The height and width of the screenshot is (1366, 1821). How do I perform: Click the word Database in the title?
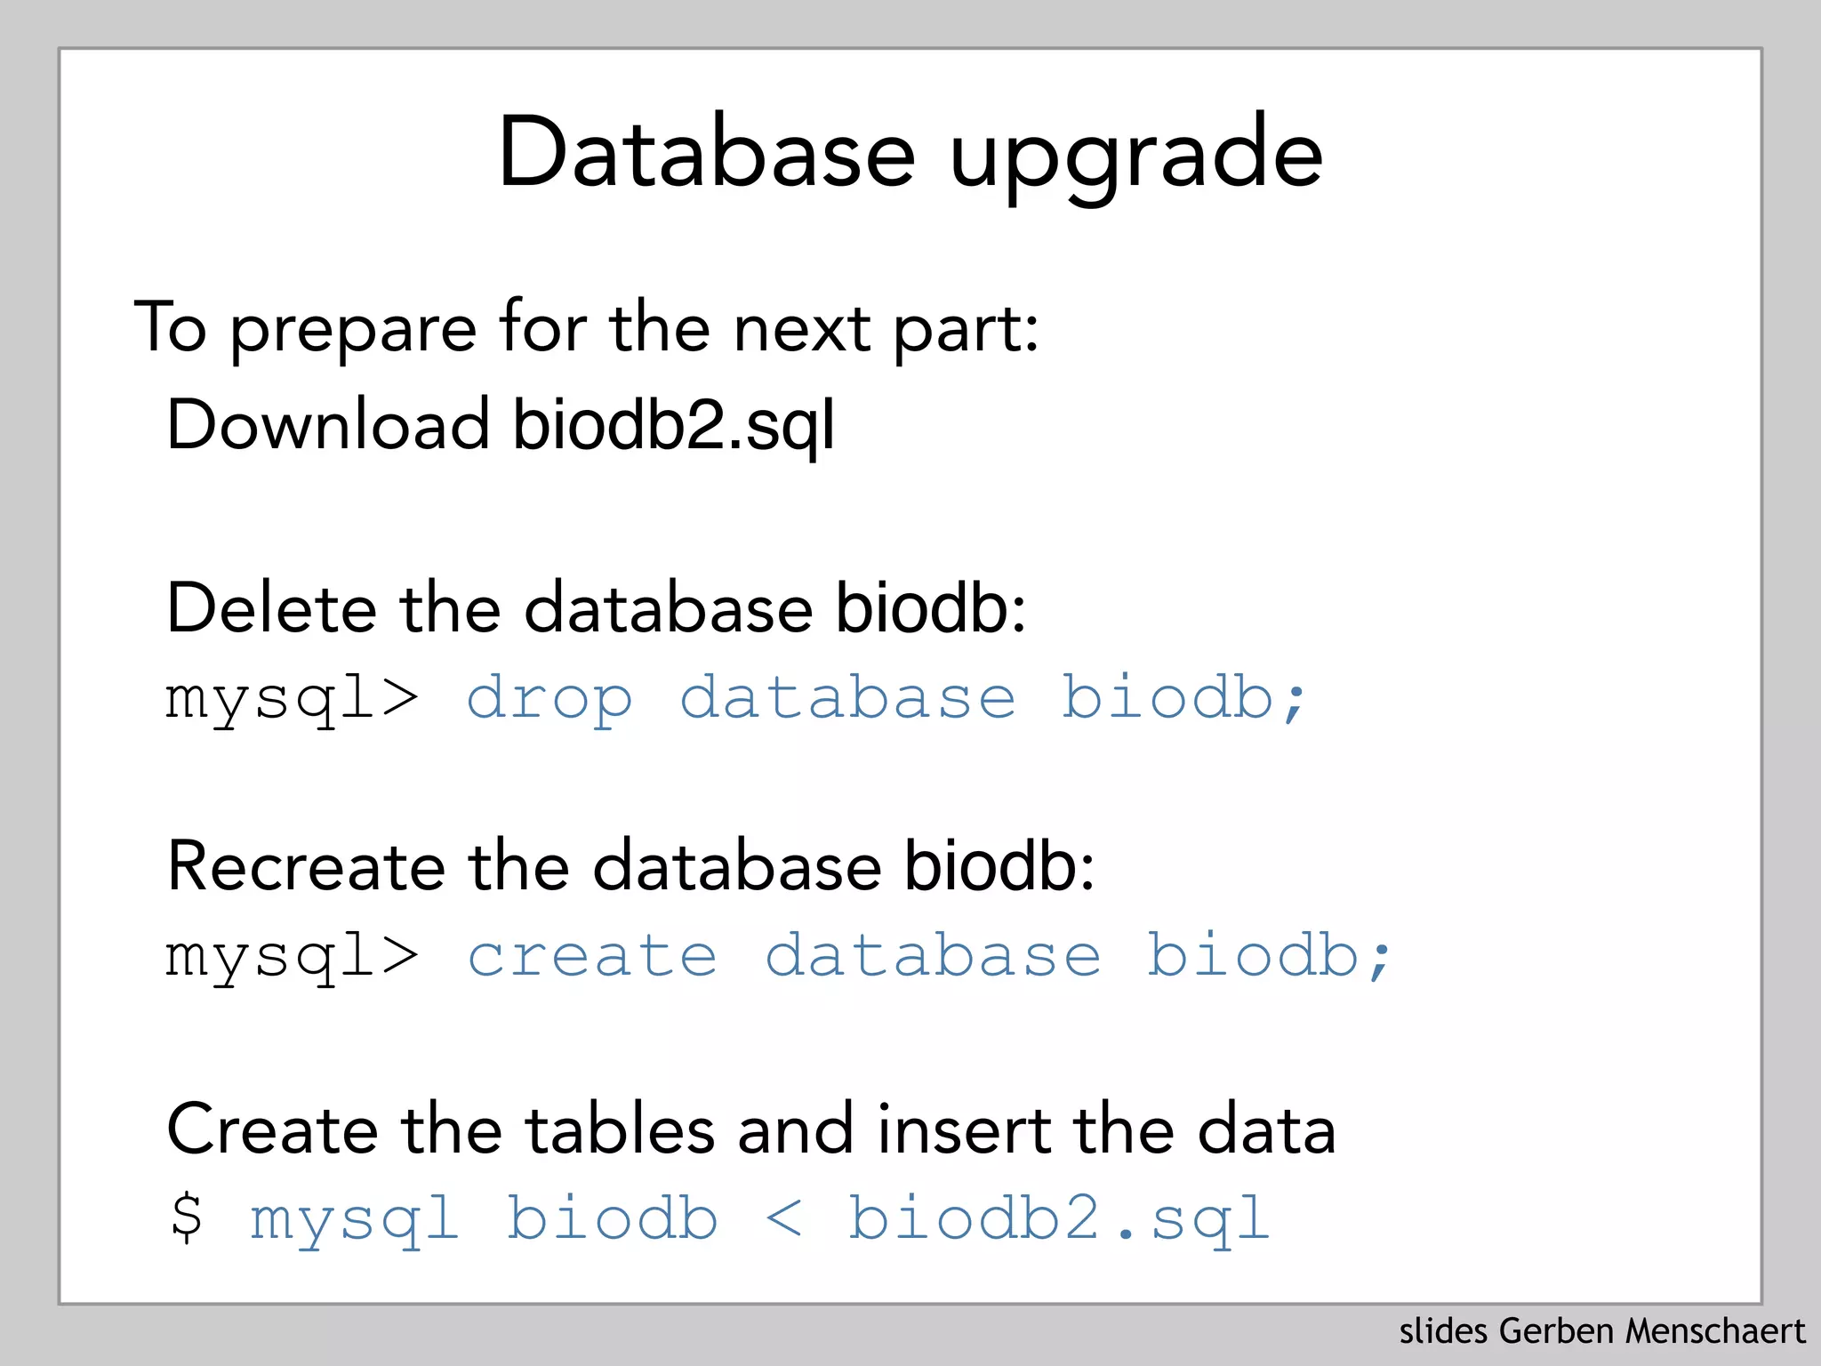707,153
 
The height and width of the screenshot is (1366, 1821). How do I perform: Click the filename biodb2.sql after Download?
674,425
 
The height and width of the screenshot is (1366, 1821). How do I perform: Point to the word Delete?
271,608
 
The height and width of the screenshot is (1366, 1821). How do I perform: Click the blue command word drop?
550,699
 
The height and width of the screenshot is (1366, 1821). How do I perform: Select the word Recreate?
306,866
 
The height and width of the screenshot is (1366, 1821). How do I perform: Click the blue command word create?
592,957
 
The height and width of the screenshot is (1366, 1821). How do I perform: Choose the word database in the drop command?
847,699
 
